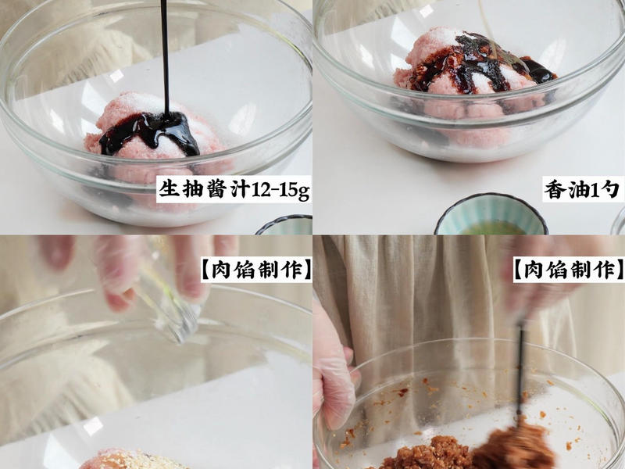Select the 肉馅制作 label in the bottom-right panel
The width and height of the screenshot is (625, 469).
pos(567,270)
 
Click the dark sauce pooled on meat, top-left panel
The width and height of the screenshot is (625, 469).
pos(152,131)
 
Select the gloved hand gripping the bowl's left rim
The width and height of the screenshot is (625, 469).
pos(332,375)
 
